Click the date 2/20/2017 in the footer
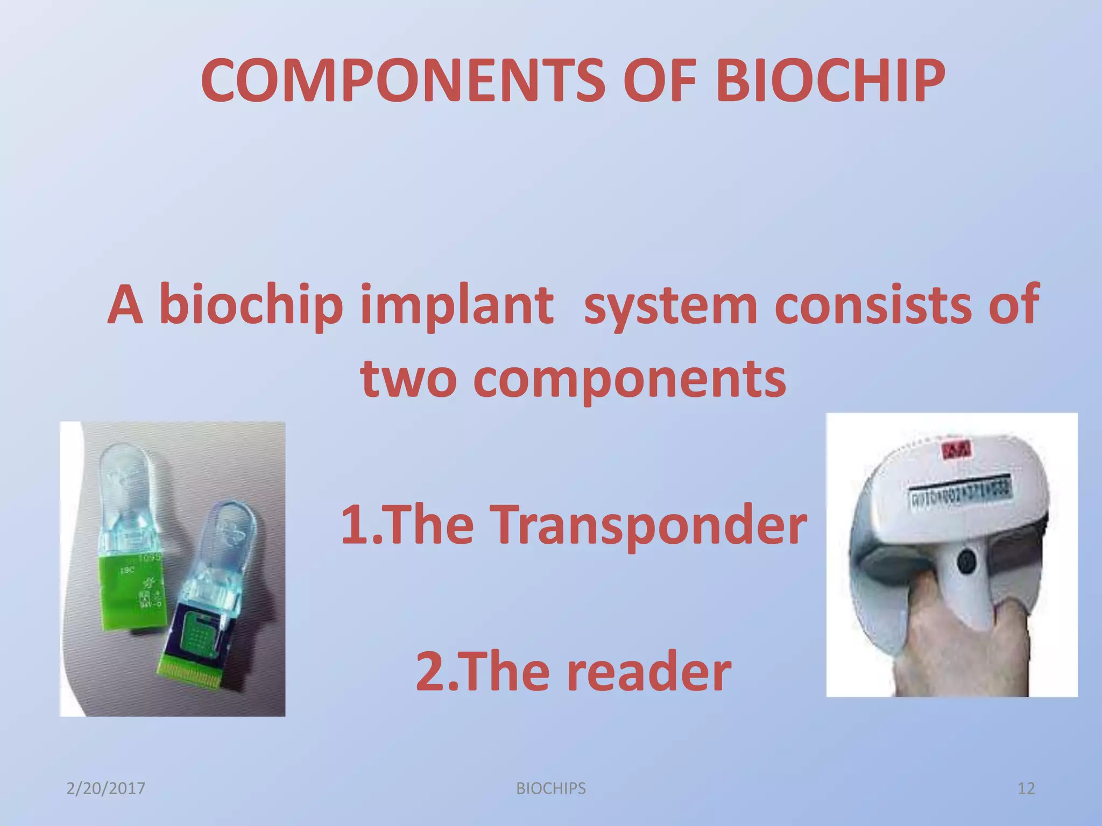click(105, 788)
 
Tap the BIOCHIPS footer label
click(550, 788)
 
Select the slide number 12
click(1026, 788)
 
